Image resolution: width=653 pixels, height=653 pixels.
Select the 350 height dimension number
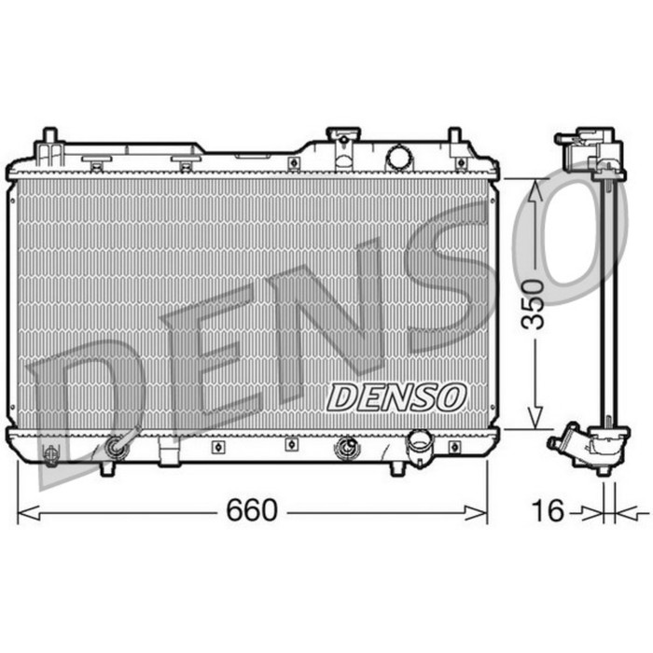pyautogui.click(x=534, y=304)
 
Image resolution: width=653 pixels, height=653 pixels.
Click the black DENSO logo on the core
pyautogui.click(x=396, y=396)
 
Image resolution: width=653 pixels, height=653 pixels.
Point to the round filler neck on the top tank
pyautogui.click(x=398, y=157)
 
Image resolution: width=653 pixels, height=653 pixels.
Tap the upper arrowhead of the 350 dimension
pyautogui.click(x=535, y=189)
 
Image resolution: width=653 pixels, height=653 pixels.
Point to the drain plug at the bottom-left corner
pyautogui.click(x=52, y=454)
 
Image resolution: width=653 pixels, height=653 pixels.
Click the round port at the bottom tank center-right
pyautogui.click(x=345, y=449)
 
